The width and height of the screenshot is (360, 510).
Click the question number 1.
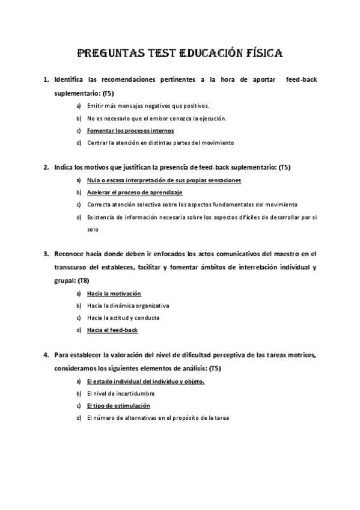(x=46, y=79)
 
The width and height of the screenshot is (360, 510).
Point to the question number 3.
(x=46, y=254)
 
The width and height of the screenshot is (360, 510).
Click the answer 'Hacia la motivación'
(x=114, y=293)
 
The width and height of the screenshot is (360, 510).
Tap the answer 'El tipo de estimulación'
(x=118, y=405)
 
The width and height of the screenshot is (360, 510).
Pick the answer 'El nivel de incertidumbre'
(x=121, y=393)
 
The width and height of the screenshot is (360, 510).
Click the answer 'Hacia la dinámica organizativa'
(x=128, y=306)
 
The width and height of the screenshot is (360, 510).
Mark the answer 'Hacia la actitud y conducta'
(x=123, y=318)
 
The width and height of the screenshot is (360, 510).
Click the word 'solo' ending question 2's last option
(x=93, y=229)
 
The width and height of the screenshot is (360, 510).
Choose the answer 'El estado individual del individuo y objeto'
(x=145, y=381)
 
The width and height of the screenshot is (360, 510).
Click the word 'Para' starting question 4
(x=61, y=355)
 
